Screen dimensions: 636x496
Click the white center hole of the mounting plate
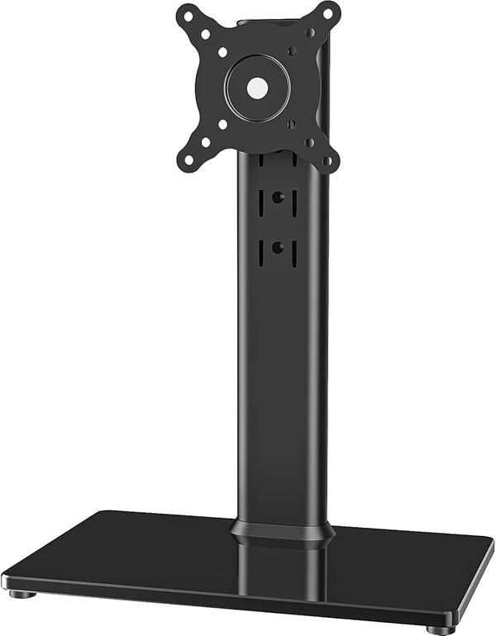click(x=258, y=85)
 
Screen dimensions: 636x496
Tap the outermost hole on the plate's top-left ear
click(x=188, y=15)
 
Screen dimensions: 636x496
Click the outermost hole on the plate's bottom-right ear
click(x=328, y=160)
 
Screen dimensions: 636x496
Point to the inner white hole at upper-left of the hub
click(x=222, y=52)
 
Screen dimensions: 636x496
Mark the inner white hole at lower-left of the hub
click(x=222, y=124)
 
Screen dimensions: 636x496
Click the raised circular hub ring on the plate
click(x=258, y=66)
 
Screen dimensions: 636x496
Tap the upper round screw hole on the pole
click(x=278, y=198)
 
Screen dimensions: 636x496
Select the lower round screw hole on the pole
click(x=278, y=247)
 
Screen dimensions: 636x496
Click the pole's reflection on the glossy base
click(x=278, y=570)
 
